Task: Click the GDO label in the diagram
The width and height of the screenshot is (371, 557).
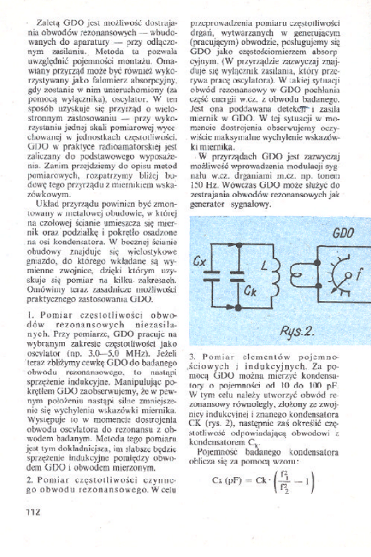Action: (x=343, y=233)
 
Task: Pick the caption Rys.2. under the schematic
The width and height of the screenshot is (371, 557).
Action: (x=299, y=331)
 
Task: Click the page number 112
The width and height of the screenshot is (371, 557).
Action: (x=34, y=511)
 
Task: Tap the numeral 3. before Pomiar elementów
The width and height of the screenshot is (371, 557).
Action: (x=192, y=358)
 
